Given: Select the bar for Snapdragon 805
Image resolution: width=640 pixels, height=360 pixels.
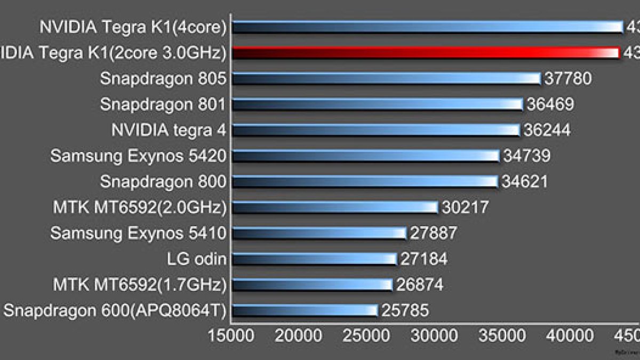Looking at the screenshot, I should point(387,78).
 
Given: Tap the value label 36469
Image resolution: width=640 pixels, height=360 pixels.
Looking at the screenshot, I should point(550,104).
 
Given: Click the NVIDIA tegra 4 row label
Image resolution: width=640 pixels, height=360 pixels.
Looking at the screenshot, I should point(169,130).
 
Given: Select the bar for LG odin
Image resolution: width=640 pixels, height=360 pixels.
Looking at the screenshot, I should point(315,259).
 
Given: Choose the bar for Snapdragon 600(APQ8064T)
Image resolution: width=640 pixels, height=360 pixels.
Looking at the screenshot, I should point(305,310).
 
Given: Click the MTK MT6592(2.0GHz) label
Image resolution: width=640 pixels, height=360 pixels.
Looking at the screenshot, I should point(140,207).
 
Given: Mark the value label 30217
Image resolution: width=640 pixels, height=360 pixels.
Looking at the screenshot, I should point(465,207).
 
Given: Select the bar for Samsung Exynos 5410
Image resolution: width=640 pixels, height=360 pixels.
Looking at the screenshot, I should point(319,233).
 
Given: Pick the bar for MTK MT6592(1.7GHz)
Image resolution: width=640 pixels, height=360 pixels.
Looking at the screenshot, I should point(313,285).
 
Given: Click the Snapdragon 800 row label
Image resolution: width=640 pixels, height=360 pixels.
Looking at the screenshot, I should point(163,181).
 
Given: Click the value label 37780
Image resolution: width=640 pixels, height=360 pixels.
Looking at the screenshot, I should point(567,78).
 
